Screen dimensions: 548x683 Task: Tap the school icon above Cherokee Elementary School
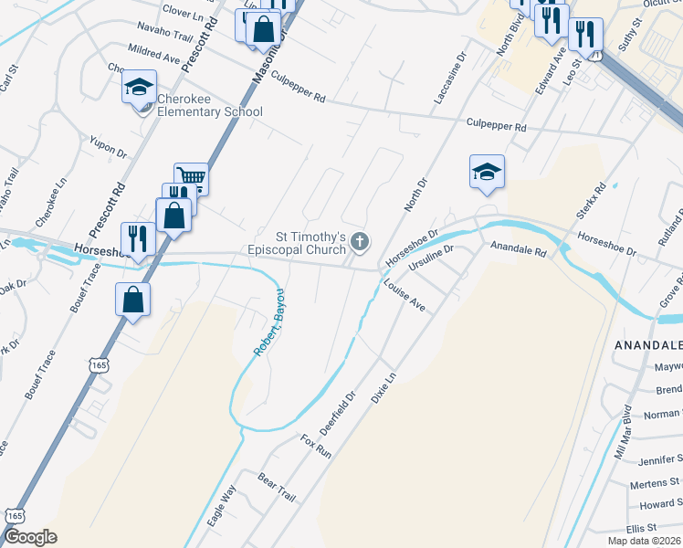[139, 88]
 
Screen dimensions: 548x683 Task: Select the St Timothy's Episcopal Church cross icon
[361, 242]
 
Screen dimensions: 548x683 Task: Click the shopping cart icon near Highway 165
[191, 176]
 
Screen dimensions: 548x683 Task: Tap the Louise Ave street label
[405, 295]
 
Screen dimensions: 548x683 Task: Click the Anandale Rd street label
[518, 248]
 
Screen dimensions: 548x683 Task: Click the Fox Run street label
[315, 446]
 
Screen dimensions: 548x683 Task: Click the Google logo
[30, 537]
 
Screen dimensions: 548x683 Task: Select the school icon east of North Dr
[487, 172]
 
